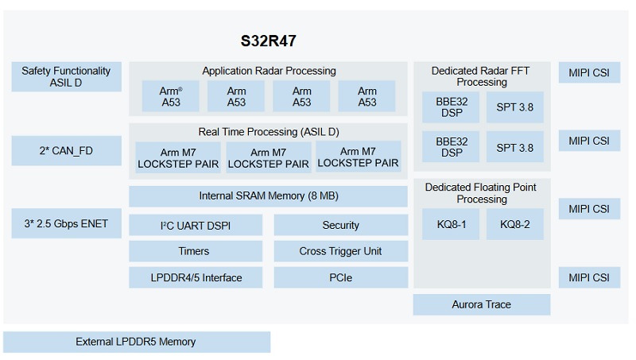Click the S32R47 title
pos(268,41)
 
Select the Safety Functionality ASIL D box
pos(66,76)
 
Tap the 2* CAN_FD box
pos(66,151)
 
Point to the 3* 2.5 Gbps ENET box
pos(66,223)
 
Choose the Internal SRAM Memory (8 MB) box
pos(268,196)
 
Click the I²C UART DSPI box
pos(196,226)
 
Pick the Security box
pos(341,226)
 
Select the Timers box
pos(196,251)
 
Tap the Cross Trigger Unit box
pos(341,251)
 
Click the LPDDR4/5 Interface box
pos(196,277)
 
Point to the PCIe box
pos(341,277)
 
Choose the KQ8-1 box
pos(451,224)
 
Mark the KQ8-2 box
pos(514,224)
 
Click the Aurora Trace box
pos(482,304)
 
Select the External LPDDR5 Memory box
pos(137,342)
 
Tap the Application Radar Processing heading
pos(269,71)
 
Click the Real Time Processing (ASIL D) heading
pos(269,132)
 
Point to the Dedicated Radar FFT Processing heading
pos(481,76)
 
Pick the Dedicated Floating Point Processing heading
pos(481,193)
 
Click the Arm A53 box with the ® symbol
pos(170,96)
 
